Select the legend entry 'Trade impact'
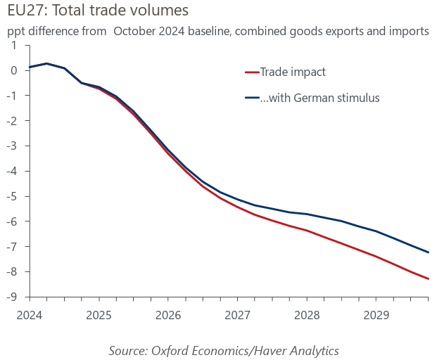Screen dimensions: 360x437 click(x=293, y=72)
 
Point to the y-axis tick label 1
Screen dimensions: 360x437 click(x=14, y=45)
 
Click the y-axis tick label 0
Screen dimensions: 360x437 click(x=14, y=70)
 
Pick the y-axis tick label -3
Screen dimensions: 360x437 click(x=12, y=146)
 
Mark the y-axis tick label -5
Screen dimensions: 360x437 click(x=12, y=196)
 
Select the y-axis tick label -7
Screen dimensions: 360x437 click(x=12, y=247)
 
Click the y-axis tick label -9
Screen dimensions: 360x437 click(x=12, y=297)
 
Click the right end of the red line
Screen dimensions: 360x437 click(x=429, y=278)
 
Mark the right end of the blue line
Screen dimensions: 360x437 click(x=429, y=252)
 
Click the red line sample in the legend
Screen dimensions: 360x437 click(x=251, y=72)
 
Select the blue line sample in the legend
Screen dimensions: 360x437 click(x=251, y=98)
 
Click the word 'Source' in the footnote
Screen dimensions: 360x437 click(x=128, y=350)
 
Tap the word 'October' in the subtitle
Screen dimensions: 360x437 click(x=134, y=31)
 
